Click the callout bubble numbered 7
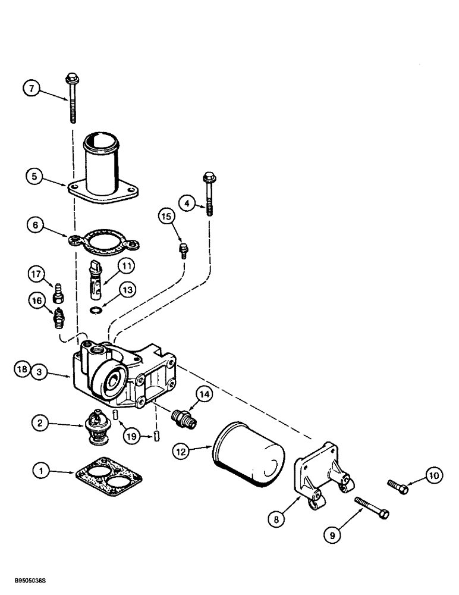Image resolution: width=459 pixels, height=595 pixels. click(33, 89)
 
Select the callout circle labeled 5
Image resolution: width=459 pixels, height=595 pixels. click(34, 176)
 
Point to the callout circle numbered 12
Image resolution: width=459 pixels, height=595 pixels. click(182, 452)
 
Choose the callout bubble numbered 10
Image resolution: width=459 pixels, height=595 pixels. click(433, 475)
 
